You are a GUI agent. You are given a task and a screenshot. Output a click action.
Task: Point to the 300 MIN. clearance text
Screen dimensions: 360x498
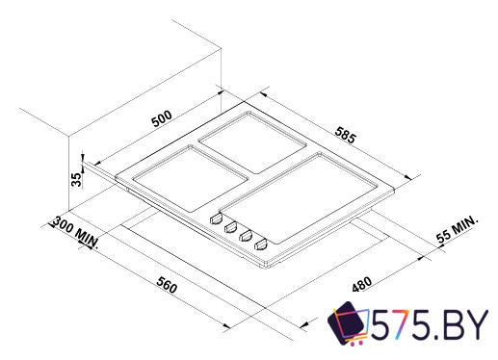pos(76,230)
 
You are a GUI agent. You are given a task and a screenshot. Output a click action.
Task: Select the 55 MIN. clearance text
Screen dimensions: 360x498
pos(456,231)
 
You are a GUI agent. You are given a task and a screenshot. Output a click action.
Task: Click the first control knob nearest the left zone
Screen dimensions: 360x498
pos(215,218)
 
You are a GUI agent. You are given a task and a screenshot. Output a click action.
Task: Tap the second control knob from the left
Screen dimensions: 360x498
pos(230,227)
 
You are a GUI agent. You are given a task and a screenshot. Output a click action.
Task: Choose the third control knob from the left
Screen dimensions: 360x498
pos(246,237)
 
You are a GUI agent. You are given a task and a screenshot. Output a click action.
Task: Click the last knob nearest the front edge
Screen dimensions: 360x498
pos(261,246)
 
